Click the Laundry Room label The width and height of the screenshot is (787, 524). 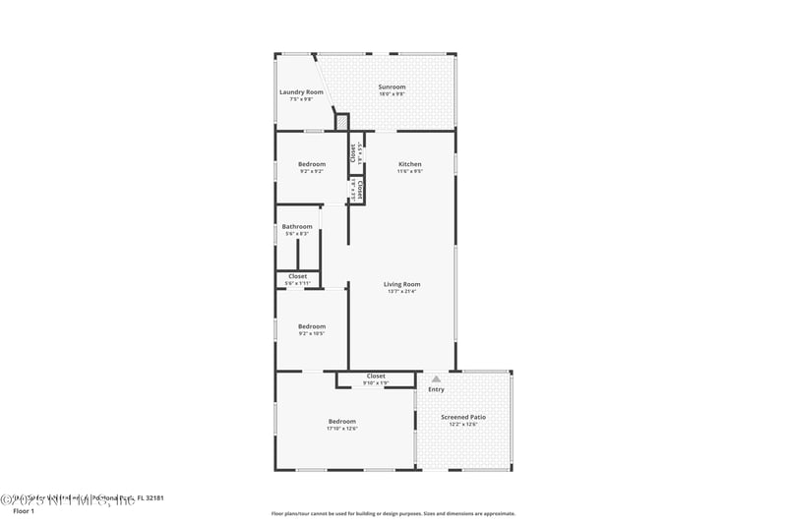301,92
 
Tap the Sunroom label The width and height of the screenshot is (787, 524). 393,87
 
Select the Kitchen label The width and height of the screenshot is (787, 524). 410,164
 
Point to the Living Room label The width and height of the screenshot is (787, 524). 402,284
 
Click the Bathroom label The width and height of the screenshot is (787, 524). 297,226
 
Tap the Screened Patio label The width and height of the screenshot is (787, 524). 463,417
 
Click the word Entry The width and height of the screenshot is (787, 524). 436,389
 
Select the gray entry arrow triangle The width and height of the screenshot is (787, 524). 436,378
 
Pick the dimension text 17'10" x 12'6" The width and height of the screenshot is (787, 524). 342,428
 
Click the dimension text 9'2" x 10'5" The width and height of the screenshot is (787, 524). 312,333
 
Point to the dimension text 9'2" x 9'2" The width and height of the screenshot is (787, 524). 312,171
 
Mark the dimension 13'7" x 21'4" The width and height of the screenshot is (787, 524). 402,291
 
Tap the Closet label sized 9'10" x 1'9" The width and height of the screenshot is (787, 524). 376,376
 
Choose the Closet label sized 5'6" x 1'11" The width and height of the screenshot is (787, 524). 297,276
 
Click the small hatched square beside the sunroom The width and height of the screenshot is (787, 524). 342,122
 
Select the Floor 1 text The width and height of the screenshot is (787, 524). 23,511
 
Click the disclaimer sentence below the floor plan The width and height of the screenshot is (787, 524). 393,513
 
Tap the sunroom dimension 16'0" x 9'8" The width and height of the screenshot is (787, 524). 393,93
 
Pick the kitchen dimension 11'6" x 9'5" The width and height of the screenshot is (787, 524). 410,171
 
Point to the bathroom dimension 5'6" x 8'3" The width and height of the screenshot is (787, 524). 297,233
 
